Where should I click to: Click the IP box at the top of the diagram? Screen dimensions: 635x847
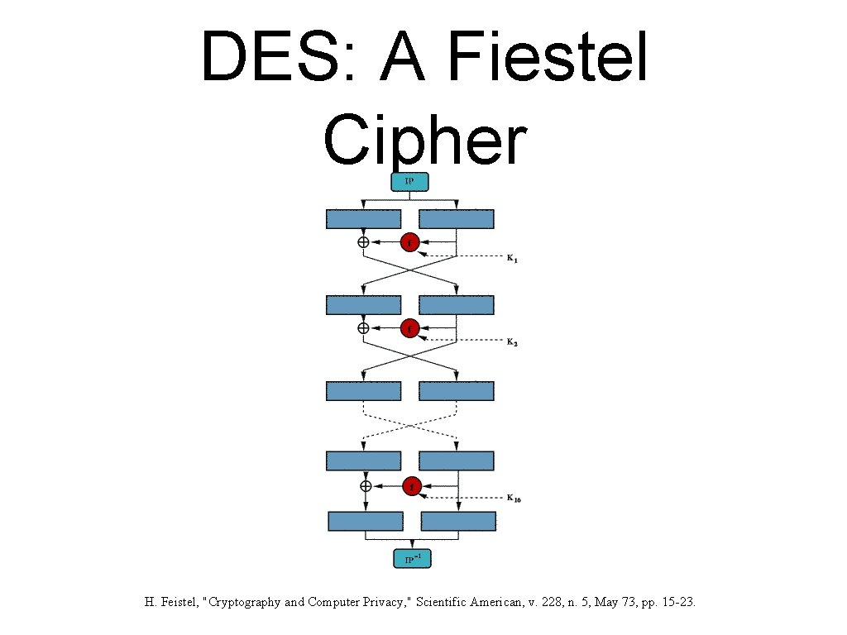(x=409, y=181)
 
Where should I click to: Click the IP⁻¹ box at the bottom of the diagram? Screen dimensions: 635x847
(x=412, y=560)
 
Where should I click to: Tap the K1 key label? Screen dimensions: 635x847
(x=512, y=260)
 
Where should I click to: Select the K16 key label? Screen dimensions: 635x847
(x=514, y=499)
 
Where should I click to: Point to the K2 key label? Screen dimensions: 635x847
(x=512, y=342)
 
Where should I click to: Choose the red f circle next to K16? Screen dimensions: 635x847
(x=412, y=486)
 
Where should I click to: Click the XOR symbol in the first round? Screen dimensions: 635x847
(x=363, y=242)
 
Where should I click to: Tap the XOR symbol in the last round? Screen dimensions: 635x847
(x=365, y=486)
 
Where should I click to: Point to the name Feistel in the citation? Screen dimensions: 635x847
(x=177, y=603)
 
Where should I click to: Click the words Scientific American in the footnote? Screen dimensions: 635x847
(x=469, y=603)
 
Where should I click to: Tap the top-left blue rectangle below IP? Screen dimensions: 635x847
(x=363, y=219)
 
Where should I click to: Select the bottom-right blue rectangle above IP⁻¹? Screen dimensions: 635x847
(x=458, y=521)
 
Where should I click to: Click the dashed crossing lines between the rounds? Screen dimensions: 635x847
(x=410, y=426)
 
